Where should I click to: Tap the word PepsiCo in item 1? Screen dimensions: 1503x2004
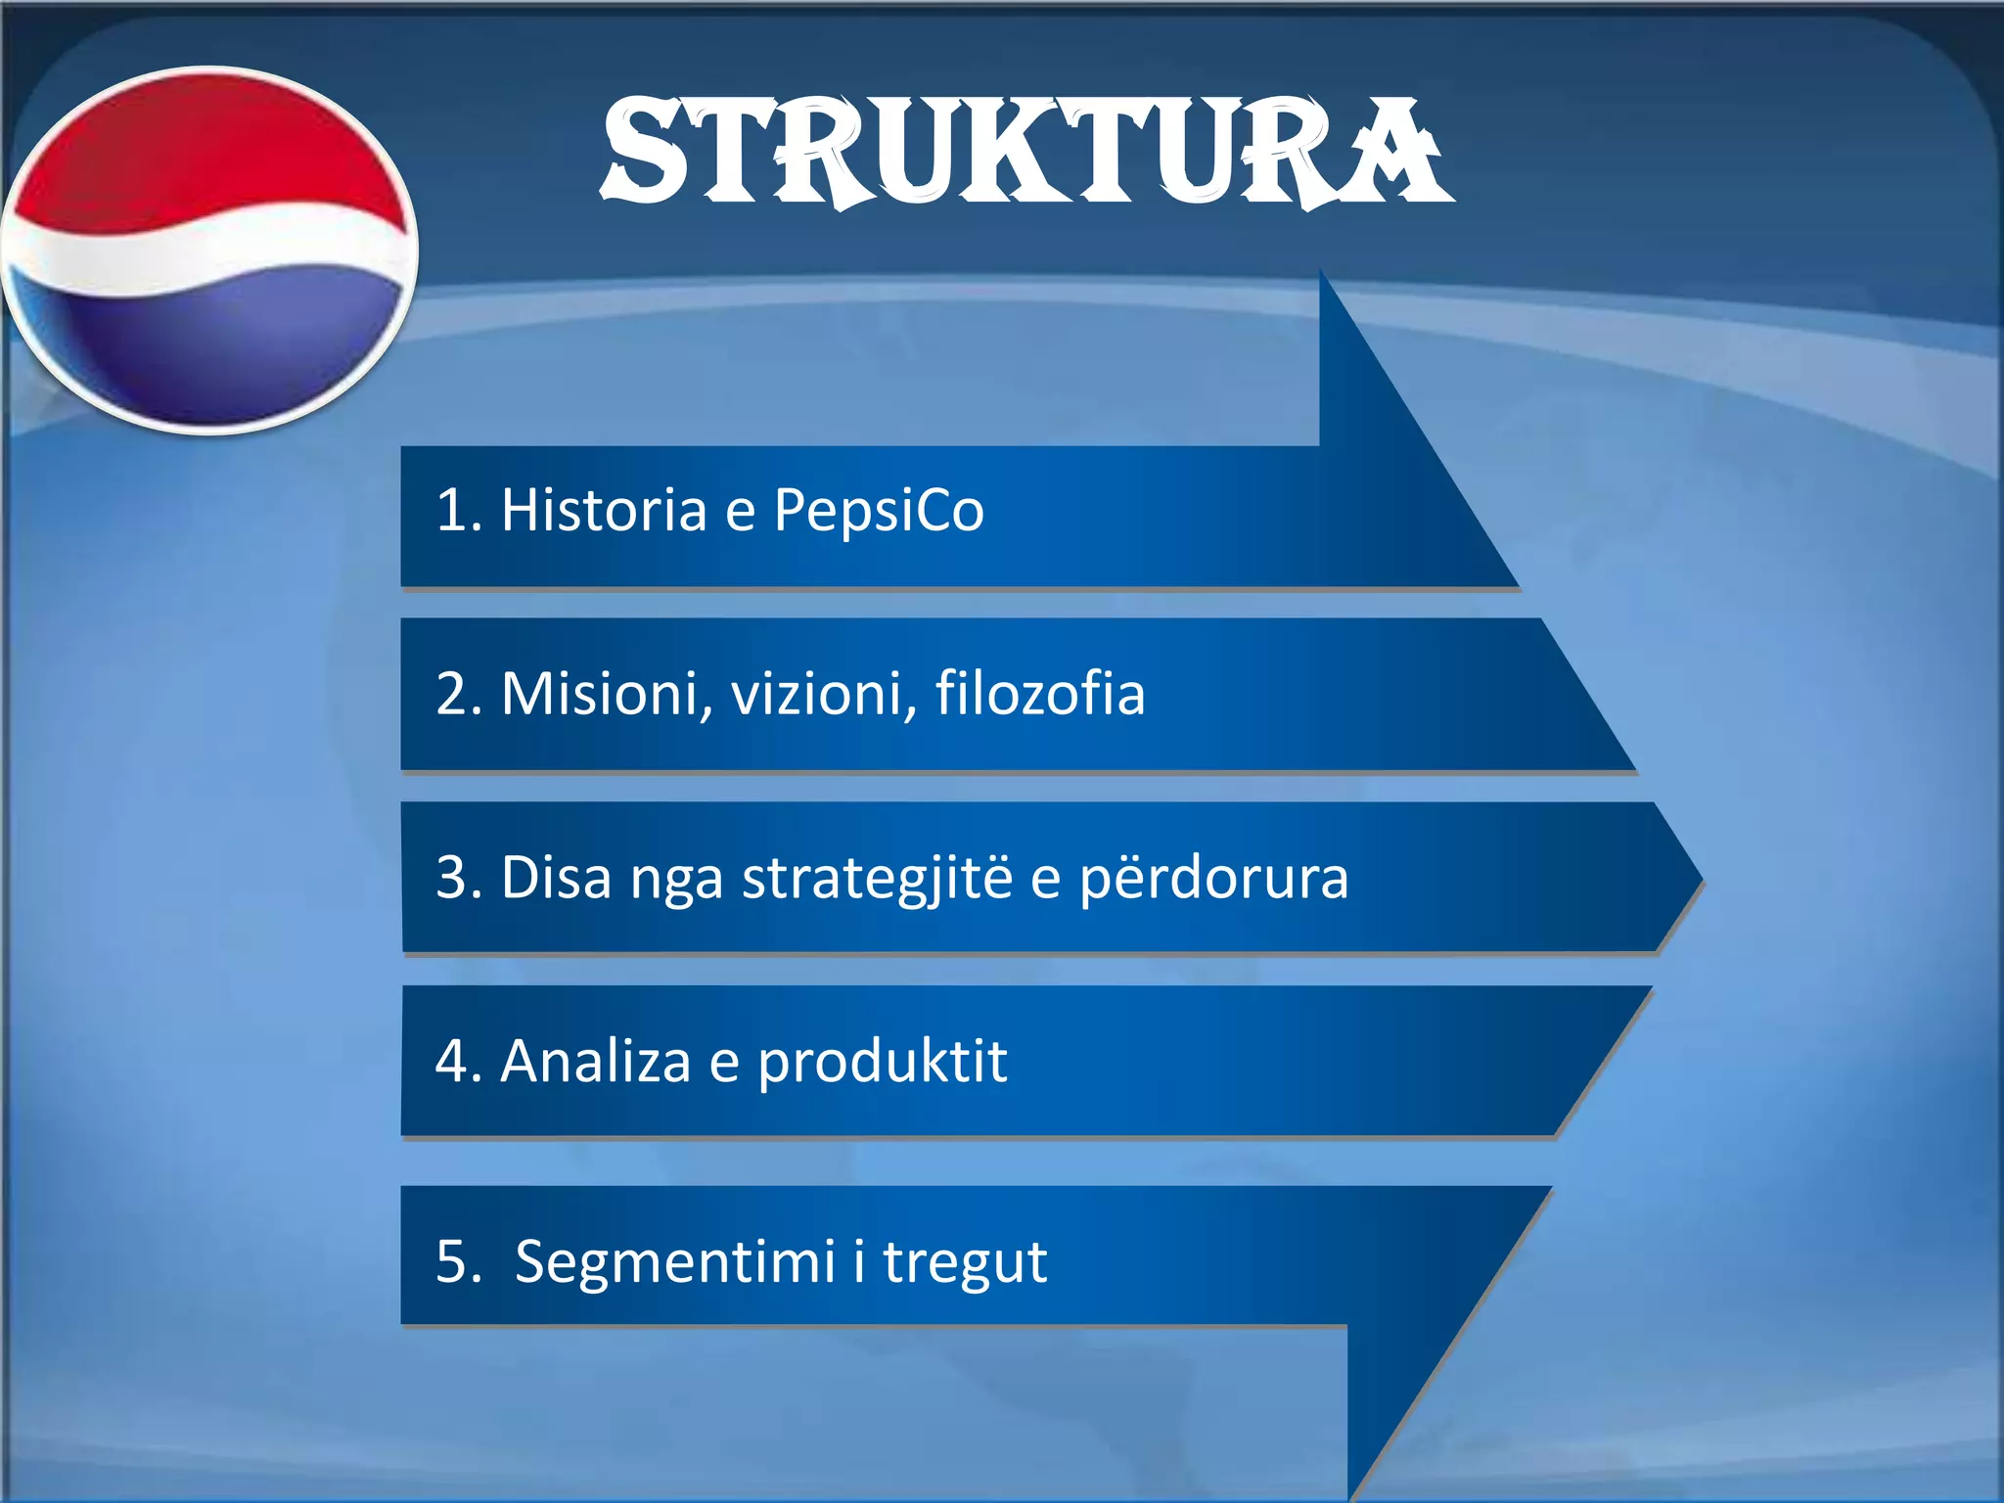click(x=878, y=510)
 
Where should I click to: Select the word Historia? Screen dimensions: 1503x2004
click(x=603, y=510)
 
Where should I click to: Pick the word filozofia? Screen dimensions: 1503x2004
click(x=1039, y=694)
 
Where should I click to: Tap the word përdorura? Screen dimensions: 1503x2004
click(x=1213, y=878)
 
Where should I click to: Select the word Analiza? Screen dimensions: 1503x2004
click(x=595, y=1061)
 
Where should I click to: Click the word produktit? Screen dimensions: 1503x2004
click(x=882, y=1061)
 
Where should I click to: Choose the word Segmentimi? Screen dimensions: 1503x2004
click(x=674, y=1261)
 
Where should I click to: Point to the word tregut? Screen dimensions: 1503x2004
click(x=965, y=1261)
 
